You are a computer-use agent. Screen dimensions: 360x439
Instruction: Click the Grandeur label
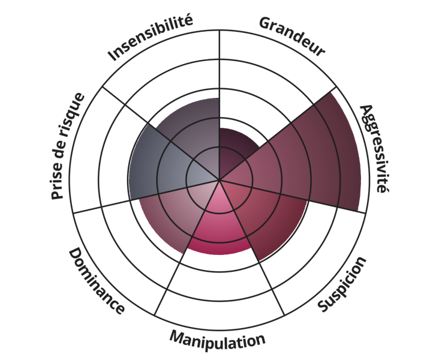pyautogui.click(x=292, y=37)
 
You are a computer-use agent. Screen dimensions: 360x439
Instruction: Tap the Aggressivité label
pyautogui.click(x=373, y=148)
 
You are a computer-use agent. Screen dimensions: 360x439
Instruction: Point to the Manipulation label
pyautogui.click(x=217, y=342)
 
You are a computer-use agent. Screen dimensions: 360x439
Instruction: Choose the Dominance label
pyautogui.click(x=96, y=281)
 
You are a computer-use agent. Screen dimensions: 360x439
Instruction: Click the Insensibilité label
pyautogui.click(x=150, y=38)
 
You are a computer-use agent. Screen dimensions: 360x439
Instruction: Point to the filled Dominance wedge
pyautogui.click(x=171, y=210)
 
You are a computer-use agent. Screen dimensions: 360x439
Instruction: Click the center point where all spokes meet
pyautogui.click(x=220, y=179)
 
